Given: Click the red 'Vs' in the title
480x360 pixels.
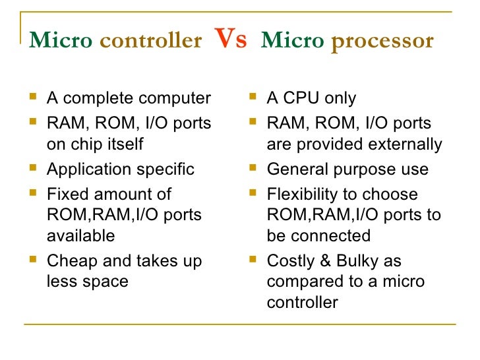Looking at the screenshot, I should [231, 40].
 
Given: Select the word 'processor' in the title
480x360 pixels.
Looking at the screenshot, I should [382, 42].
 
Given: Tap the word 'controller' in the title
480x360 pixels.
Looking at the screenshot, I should [150, 42].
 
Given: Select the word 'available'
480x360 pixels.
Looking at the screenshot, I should [80, 235].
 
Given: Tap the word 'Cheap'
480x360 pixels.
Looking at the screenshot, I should [69, 261].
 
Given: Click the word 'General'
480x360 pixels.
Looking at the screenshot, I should [294, 169].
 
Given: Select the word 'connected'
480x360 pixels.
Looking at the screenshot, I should [330, 235].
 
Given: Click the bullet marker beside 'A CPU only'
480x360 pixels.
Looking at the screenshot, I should [253, 99].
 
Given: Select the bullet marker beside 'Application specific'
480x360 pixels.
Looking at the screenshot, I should [34, 169].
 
